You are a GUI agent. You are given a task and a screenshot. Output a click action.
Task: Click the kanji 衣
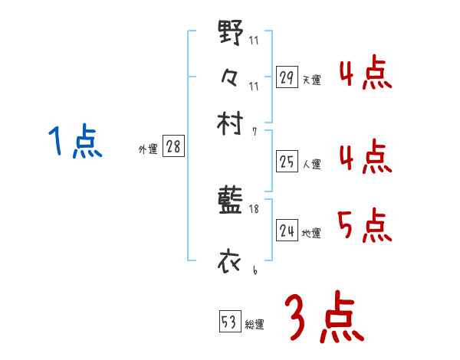[231, 261]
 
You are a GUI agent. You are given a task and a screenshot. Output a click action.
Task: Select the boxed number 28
[173, 147]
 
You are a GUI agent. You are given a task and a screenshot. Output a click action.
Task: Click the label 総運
[255, 325]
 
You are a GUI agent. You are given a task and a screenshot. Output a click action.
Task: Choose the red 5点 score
[364, 225]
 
